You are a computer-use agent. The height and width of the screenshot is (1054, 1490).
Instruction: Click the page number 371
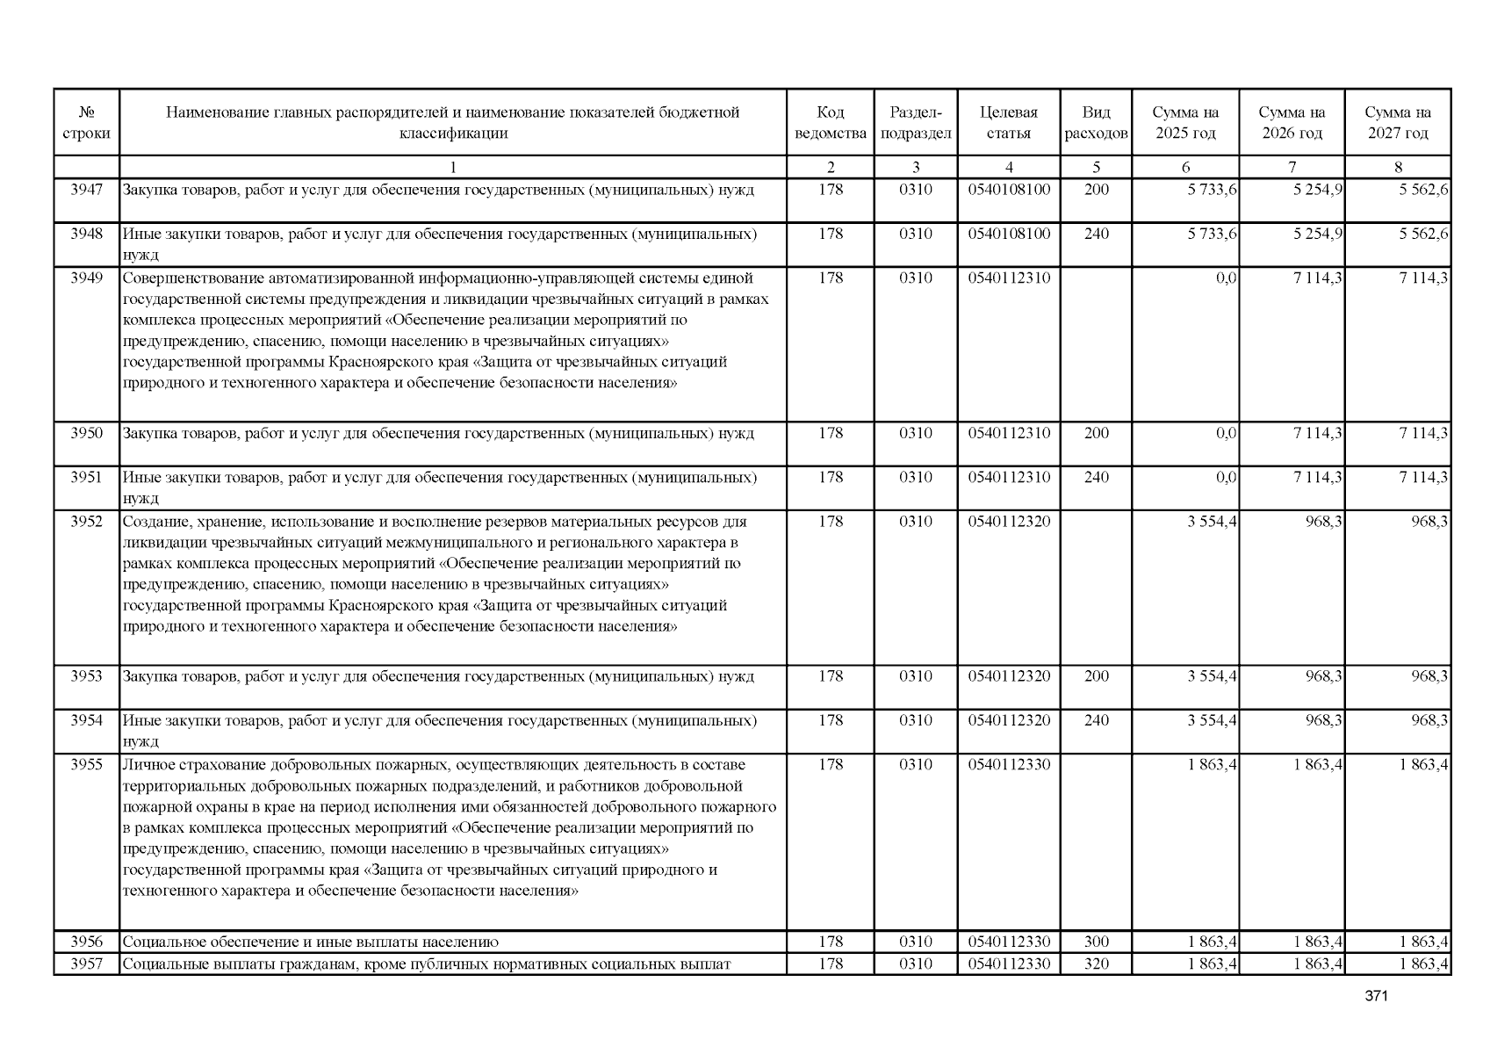click(1376, 996)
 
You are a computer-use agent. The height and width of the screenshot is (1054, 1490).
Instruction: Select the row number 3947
click(86, 190)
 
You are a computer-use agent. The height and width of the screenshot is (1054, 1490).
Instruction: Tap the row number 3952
click(86, 522)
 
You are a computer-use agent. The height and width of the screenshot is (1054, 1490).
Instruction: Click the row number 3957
click(86, 964)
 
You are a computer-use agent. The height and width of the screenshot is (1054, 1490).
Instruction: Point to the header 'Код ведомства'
click(830, 123)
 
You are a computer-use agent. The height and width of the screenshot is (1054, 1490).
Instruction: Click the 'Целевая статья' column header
click(1008, 123)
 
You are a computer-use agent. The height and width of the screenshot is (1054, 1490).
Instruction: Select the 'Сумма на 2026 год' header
click(1292, 123)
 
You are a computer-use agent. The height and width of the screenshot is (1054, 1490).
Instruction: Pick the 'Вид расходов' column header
click(1096, 123)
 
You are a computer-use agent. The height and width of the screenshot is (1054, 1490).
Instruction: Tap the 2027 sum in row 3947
click(1423, 190)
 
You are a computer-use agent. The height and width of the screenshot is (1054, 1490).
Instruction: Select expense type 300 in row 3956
click(1096, 942)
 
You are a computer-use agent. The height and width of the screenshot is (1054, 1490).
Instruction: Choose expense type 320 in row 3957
click(1096, 964)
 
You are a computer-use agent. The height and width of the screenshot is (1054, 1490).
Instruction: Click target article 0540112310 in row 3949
click(1009, 278)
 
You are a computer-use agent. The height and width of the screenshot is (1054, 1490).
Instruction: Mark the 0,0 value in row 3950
click(1226, 433)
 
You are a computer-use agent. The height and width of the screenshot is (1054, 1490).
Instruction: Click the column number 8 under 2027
click(1398, 167)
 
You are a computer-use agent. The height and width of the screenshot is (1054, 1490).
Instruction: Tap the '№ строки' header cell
click(86, 123)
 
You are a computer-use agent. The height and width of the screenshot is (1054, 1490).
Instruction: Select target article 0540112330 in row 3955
click(1009, 765)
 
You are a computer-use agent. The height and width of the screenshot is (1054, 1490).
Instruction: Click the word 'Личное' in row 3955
click(145, 765)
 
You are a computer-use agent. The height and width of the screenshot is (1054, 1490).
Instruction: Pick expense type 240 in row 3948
click(1096, 235)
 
